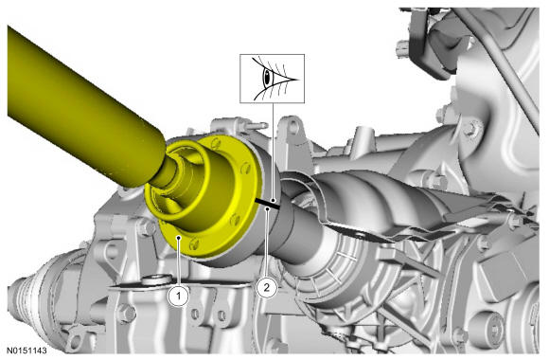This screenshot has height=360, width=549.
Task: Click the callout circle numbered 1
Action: click(179, 296)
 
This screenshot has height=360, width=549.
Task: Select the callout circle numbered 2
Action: click(266, 288)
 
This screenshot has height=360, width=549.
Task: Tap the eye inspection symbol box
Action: click(272, 79)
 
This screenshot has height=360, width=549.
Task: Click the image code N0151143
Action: click(27, 351)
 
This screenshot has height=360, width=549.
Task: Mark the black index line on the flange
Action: click(268, 204)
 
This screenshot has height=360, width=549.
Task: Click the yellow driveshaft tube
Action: click(80, 109)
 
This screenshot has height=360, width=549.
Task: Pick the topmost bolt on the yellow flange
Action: click(216, 142)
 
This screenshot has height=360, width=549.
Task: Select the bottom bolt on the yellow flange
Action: click(194, 243)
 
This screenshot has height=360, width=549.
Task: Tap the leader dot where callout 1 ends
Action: click(179, 238)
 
